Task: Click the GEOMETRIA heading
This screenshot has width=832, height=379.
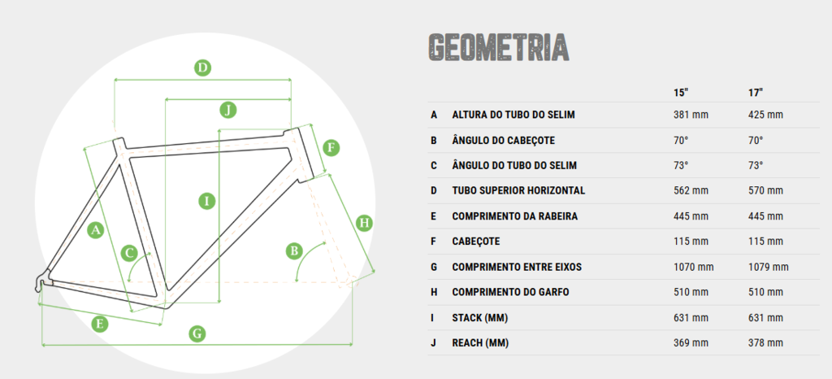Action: (x=499, y=46)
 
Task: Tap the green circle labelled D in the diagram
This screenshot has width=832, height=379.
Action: (x=202, y=68)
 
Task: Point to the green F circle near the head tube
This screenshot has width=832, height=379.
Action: (x=331, y=147)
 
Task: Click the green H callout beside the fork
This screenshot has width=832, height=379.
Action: (x=364, y=222)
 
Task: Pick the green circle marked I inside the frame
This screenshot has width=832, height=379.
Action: (x=207, y=201)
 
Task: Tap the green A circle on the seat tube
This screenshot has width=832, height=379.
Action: (x=95, y=230)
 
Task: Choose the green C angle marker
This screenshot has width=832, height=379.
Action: (x=130, y=253)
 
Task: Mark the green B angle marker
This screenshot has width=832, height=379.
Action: (x=294, y=250)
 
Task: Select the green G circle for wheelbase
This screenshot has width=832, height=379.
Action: (x=197, y=334)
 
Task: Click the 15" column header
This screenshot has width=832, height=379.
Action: (x=681, y=93)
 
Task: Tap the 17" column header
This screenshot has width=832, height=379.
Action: (x=756, y=93)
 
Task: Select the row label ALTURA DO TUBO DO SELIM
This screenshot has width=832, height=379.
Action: (x=513, y=115)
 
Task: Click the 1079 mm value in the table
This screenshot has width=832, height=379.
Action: (x=769, y=267)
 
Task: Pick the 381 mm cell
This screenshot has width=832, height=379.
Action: (x=691, y=115)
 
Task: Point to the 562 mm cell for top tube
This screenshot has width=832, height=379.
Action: (x=691, y=190)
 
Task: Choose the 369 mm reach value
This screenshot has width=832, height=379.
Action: (x=691, y=343)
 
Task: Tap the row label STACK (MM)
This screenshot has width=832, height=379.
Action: (x=479, y=318)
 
